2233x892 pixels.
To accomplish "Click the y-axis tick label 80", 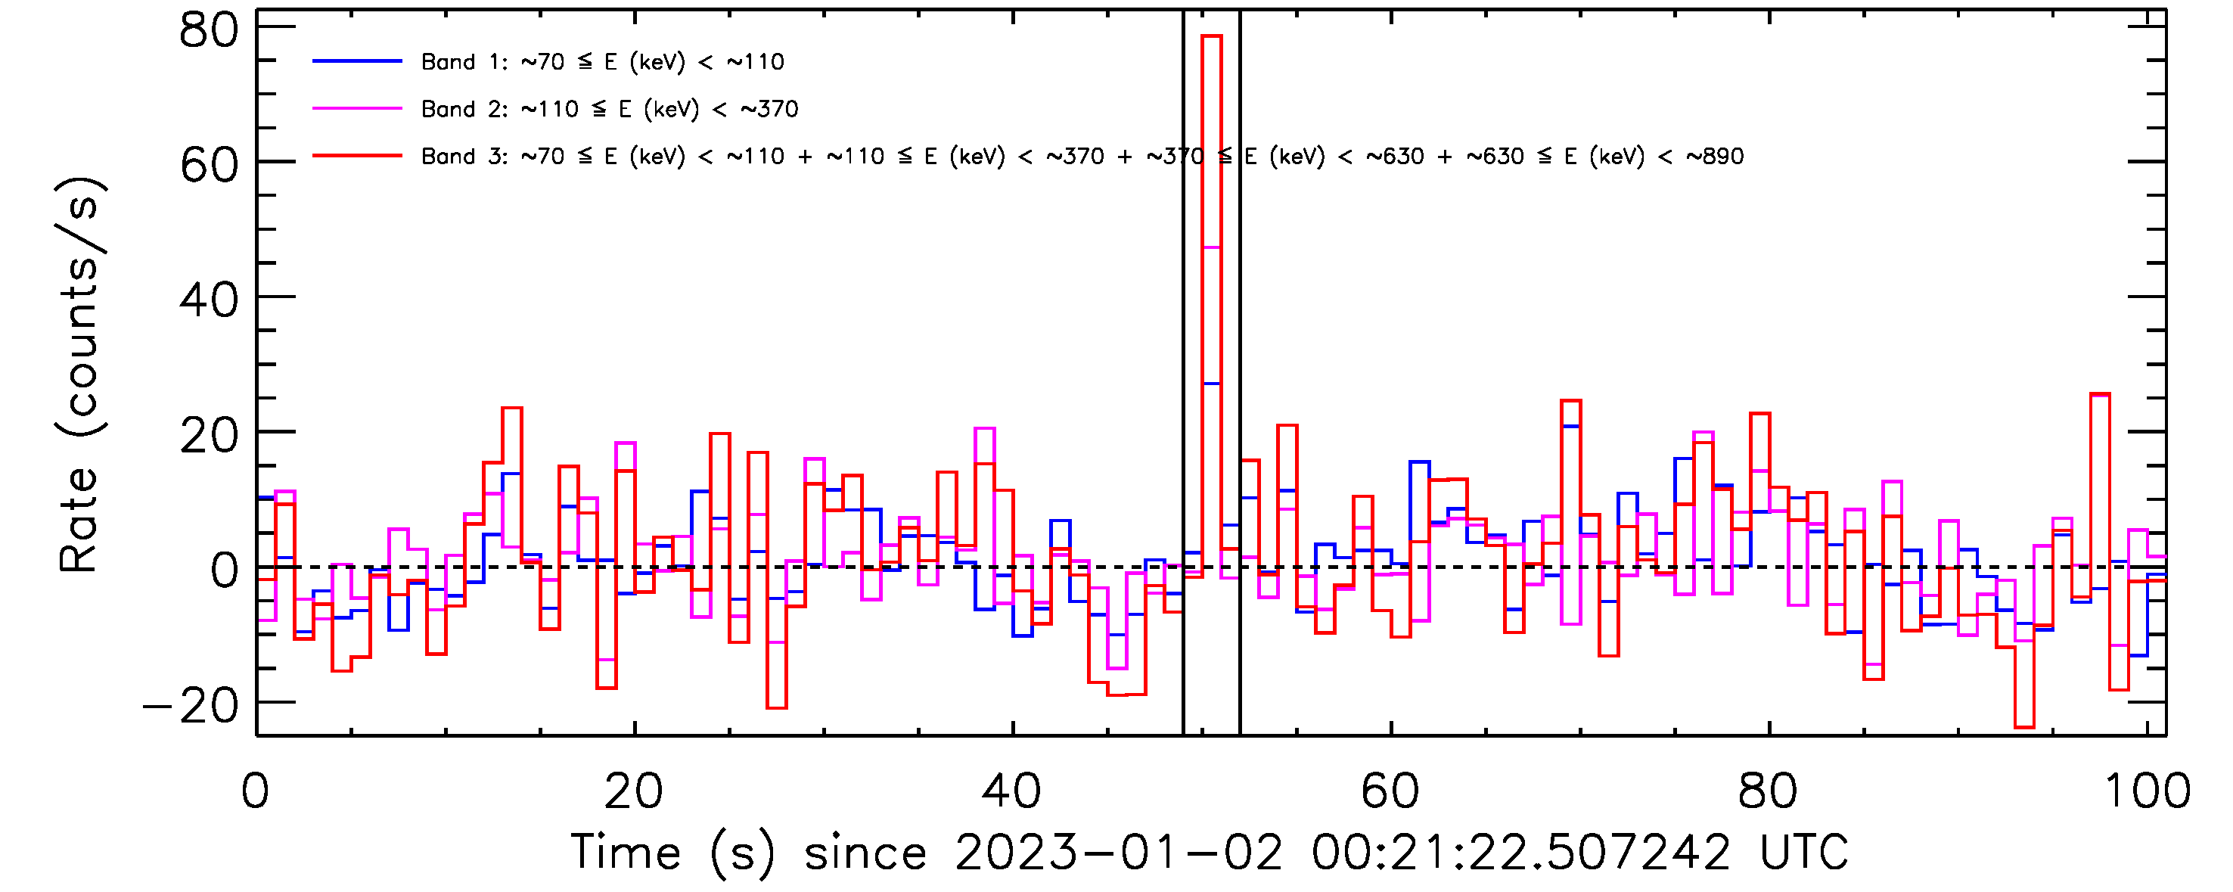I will [209, 30].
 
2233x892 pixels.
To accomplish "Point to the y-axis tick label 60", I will [209, 165].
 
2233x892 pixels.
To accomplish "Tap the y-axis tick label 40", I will [209, 301].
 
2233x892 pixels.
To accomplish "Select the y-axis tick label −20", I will [191, 706].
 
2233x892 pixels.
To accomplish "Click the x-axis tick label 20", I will [634, 791].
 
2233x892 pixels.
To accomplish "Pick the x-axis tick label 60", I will [1390, 791].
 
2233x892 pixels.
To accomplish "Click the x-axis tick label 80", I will [1769, 791].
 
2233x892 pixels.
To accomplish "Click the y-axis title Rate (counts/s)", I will [79, 375].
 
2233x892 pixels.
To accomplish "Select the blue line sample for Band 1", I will [357, 61].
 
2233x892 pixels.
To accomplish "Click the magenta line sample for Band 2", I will [357, 109].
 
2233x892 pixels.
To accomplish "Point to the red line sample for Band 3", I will [357, 156].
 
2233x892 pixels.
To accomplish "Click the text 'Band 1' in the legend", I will [448, 62].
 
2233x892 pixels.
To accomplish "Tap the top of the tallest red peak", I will [1211, 36].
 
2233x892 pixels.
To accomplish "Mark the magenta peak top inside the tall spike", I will [1211, 247].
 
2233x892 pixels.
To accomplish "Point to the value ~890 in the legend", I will [1715, 157].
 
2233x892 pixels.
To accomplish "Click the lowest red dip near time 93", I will [2024, 726].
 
